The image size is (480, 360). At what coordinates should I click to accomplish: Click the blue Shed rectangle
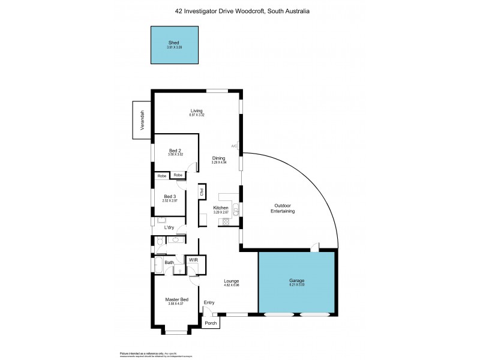tap(174, 44)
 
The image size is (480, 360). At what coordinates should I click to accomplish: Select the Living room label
tap(196, 110)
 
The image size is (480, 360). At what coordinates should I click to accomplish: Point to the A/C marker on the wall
tap(235, 146)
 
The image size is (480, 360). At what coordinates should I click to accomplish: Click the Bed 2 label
tap(175, 151)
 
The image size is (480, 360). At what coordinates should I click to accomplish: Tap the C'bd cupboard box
tap(202, 193)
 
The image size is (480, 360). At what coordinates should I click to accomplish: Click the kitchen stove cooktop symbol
tap(227, 223)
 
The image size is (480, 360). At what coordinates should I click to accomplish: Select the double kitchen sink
tap(236, 209)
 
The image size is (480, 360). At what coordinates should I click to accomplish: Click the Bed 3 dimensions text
tap(170, 201)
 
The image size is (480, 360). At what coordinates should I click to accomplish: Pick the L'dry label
tap(169, 227)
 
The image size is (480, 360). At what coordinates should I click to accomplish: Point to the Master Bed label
tap(177, 299)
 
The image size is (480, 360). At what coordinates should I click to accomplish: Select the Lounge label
tap(232, 280)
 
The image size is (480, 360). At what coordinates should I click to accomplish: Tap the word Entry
tap(209, 302)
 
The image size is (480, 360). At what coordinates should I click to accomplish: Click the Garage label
tap(297, 280)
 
